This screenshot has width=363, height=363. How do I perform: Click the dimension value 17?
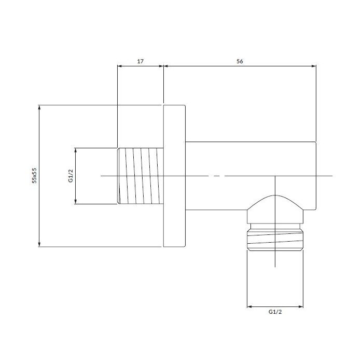[x=141, y=61]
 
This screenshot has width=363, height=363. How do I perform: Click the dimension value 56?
[x=240, y=61]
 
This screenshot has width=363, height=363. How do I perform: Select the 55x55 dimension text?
[x=34, y=175]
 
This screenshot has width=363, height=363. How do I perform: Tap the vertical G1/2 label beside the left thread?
[x=71, y=176]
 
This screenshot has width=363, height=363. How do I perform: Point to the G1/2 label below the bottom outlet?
[x=275, y=312]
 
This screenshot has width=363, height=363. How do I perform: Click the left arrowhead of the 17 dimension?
[x=119, y=66]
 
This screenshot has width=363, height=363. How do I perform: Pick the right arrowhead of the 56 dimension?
[x=314, y=66]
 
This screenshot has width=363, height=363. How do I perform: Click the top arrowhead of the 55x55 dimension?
[x=39, y=107]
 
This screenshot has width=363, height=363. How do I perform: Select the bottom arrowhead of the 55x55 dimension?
[x=39, y=244]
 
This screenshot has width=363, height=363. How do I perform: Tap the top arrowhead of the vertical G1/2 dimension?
[x=76, y=150]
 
